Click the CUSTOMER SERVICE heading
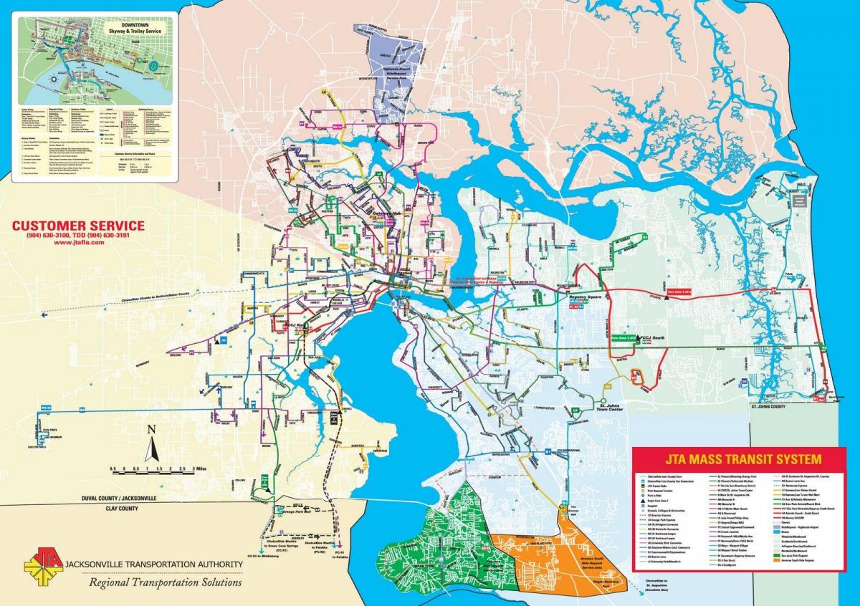tap(78, 226)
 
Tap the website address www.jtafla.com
tap(78, 243)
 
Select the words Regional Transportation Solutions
tap(165, 582)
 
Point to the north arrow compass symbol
tap(151, 444)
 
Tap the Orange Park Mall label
tap(300, 511)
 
